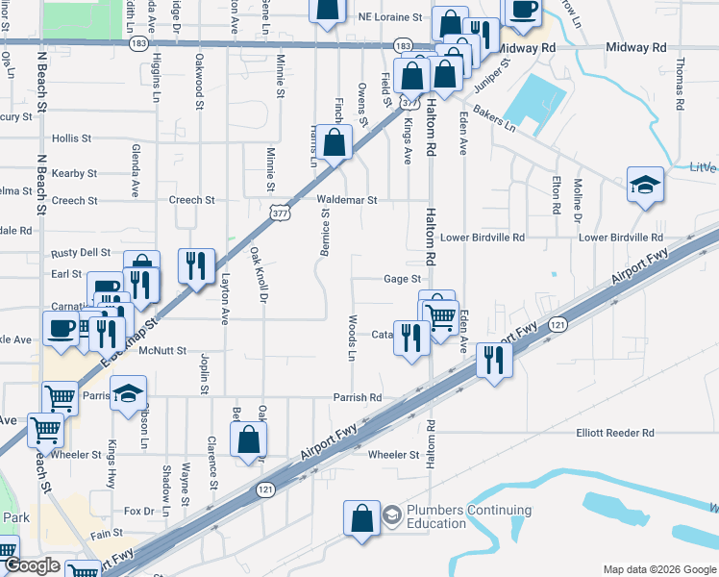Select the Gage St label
403,279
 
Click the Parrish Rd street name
358,397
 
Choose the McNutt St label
161,352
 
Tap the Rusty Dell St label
83,253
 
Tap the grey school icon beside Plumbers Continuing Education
392,516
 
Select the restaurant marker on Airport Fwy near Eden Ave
494,361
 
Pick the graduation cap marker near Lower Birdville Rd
645,185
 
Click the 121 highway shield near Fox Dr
265,490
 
